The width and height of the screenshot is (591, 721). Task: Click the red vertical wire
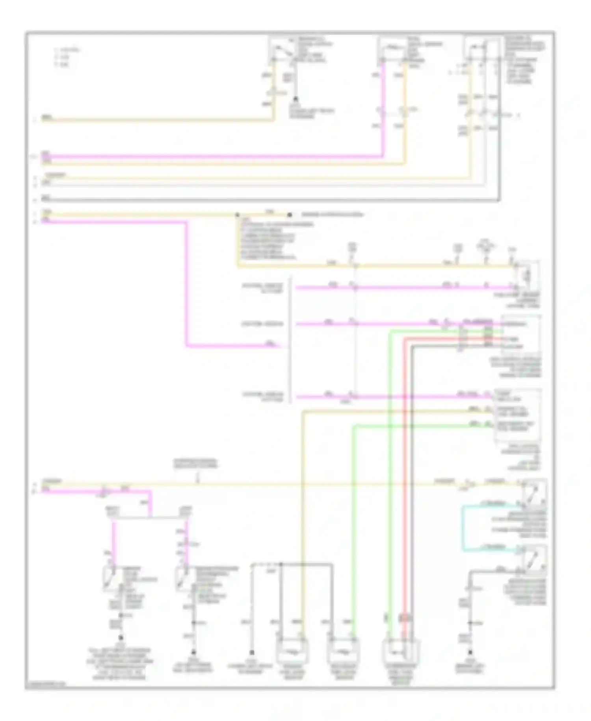[x=404, y=473]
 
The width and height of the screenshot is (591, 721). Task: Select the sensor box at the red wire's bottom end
[x=401, y=650]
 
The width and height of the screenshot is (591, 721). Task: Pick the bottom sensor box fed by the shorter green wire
[x=342, y=649]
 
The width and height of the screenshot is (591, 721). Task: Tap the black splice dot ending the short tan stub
[x=290, y=215]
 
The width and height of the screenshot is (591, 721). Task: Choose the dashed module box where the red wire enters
[x=520, y=335]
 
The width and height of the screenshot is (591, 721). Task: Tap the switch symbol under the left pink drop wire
[x=109, y=578]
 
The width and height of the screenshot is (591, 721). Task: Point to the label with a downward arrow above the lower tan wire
[x=196, y=465]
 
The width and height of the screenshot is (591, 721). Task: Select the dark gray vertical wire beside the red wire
[x=411, y=473]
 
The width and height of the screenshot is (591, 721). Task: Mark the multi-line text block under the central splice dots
[x=268, y=241]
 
